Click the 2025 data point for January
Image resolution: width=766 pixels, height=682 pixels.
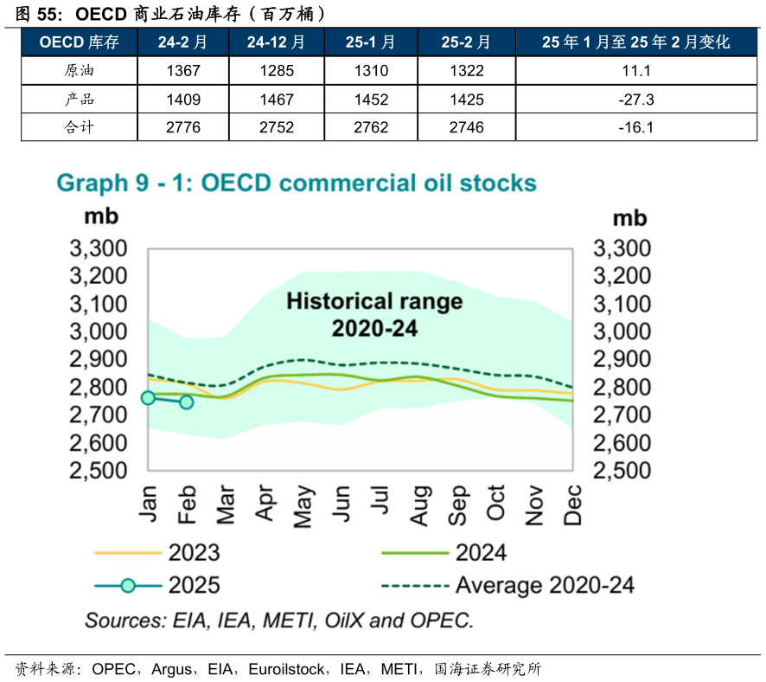(x=148, y=397)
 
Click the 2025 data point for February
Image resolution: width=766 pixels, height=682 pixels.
(x=186, y=402)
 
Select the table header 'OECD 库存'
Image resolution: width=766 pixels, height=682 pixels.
(x=80, y=42)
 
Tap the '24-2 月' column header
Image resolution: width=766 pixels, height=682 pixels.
(x=182, y=42)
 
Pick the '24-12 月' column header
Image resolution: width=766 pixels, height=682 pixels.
(x=276, y=42)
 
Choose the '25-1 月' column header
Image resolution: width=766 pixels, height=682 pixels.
(x=370, y=42)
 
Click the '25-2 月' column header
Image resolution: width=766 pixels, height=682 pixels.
(x=466, y=42)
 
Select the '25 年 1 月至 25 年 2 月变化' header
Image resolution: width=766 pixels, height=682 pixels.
(x=636, y=42)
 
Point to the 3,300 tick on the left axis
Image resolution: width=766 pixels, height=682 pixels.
(x=98, y=249)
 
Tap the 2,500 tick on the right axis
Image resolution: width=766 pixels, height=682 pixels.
(x=621, y=471)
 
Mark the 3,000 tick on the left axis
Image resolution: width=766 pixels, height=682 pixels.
(x=98, y=332)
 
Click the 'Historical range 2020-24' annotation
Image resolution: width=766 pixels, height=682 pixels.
(x=374, y=314)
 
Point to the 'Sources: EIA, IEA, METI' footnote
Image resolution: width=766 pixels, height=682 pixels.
(x=278, y=621)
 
